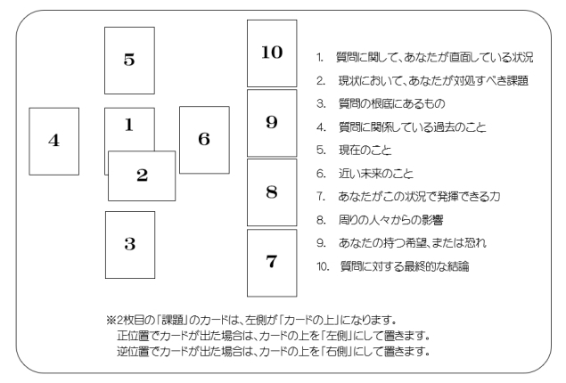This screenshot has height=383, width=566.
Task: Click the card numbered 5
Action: pos(129,61)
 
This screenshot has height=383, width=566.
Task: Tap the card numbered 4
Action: pos(54,142)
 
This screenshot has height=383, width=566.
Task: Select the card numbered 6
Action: pos(204,140)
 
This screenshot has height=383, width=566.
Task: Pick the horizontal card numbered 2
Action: pos(142,176)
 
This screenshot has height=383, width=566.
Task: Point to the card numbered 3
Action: pos(130,245)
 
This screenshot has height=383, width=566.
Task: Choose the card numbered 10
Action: pos(272,53)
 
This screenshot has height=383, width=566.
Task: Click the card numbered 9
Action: pos(272,123)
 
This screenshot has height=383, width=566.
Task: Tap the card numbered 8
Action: pos(272,192)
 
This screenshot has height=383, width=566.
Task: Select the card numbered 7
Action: pos(272,263)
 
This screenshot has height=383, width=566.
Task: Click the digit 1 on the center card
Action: pos(129,125)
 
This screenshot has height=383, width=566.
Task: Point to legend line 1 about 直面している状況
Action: pos(424,57)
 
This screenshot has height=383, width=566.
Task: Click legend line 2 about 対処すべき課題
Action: pos(422,80)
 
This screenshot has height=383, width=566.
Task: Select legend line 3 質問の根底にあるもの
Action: pos(381,104)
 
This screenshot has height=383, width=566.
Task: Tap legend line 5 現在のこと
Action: pos(354,150)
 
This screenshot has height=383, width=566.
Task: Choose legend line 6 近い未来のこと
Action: pos(365,174)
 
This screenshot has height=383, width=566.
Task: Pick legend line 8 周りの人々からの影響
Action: pos(380,220)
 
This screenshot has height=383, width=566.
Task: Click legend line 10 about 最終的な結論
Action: pos(393,266)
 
